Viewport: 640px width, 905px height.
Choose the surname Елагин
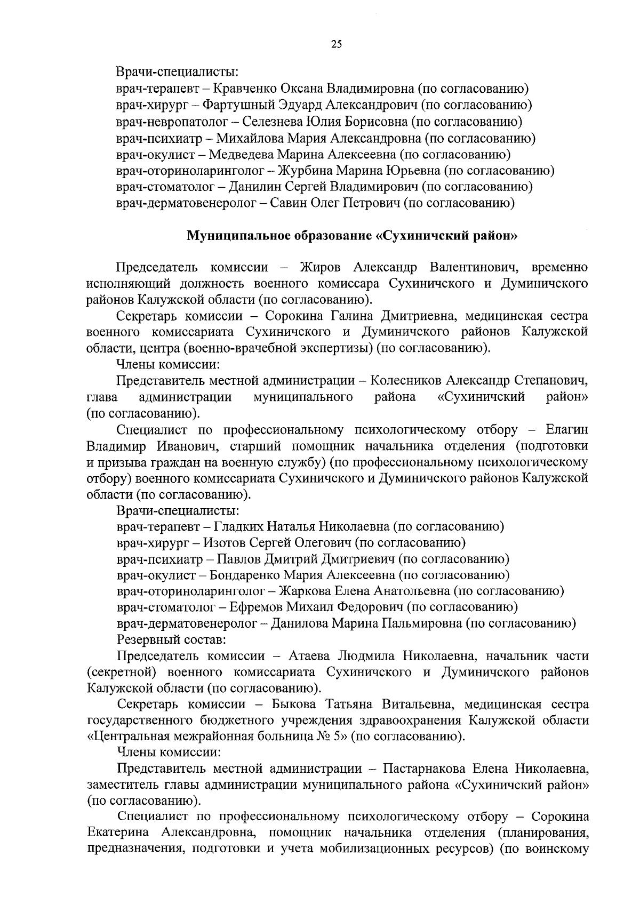pyautogui.click(x=567, y=430)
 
